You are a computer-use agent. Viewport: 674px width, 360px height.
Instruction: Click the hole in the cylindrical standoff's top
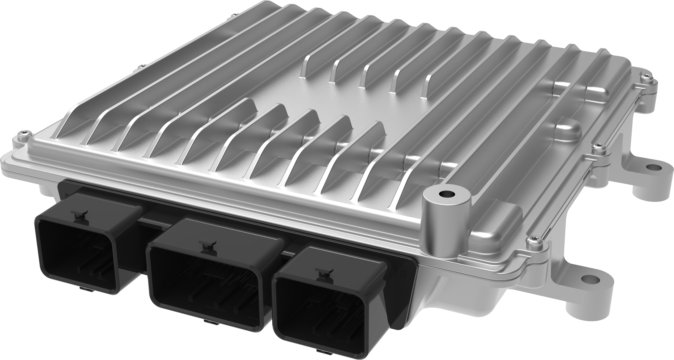446,194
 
